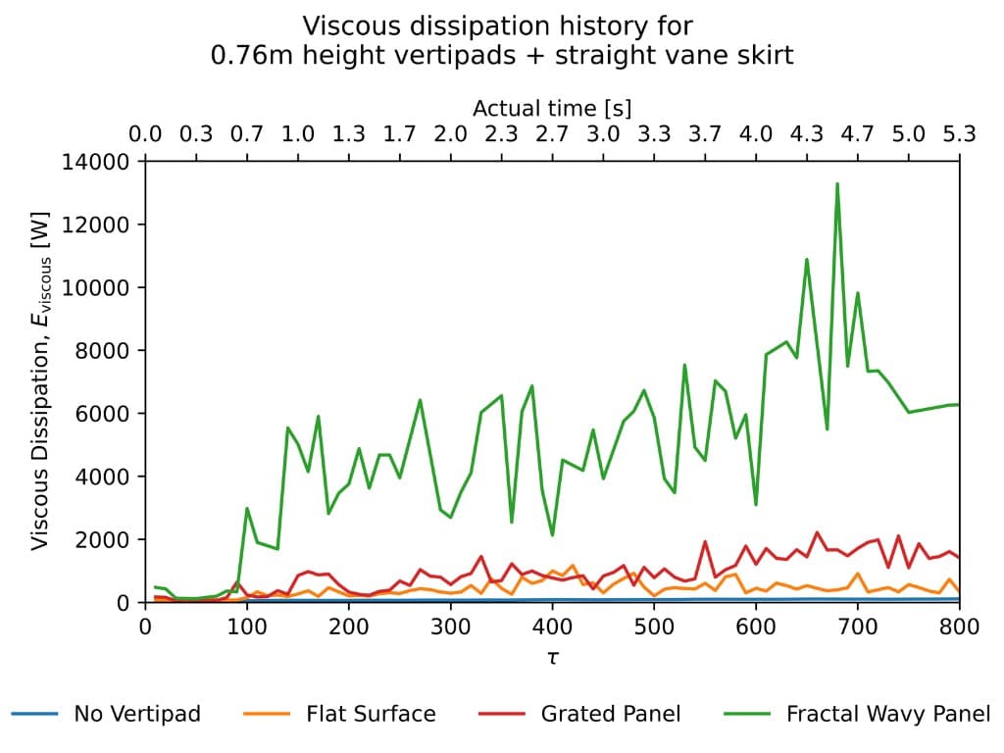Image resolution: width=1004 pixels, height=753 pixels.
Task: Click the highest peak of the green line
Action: pos(837,183)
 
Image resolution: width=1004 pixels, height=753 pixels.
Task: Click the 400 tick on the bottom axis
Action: pos(552,626)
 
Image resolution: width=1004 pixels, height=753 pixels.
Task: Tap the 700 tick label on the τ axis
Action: pos(858,626)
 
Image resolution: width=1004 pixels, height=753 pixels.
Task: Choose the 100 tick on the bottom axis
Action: pos(247,626)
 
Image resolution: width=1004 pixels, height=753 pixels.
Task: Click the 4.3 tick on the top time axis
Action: pos(807,134)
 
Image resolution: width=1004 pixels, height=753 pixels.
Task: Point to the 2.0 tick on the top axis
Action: pos(450,134)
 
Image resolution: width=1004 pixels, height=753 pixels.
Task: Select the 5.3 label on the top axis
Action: pos(960,134)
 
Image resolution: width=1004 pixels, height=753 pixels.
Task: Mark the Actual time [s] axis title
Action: pos(552,108)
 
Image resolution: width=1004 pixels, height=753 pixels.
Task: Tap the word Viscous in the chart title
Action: pos(343,25)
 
